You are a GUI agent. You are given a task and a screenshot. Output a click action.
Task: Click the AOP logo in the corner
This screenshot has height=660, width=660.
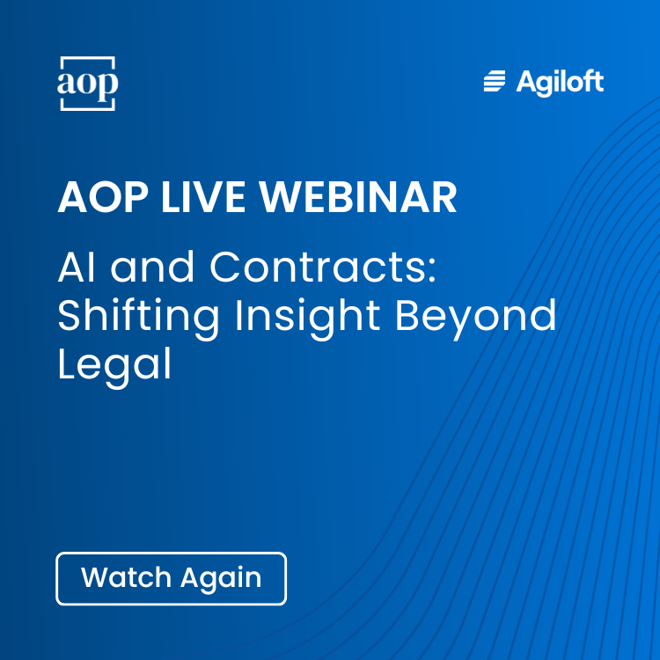click(x=87, y=84)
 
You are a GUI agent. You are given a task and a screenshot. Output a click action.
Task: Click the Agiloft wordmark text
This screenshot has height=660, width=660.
click(x=560, y=83)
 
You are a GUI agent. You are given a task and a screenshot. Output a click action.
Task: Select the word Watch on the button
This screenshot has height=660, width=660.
click(x=127, y=578)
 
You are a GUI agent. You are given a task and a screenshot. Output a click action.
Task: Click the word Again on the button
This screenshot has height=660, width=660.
click(x=221, y=579)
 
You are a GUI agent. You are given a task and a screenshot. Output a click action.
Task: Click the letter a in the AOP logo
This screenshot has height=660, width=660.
click(x=68, y=84)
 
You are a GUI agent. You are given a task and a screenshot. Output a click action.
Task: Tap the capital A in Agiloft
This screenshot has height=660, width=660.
click(x=528, y=82)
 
